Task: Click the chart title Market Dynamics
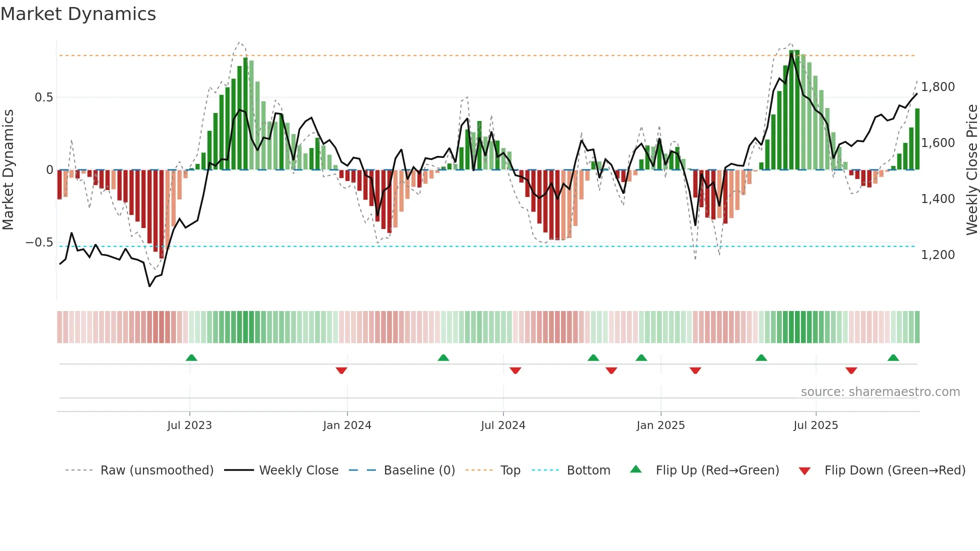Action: click(78, 14)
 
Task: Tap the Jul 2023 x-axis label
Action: click(189, 425)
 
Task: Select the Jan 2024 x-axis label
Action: click(347, 425)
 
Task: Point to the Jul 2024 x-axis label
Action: click(503, 425)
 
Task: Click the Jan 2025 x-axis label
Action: click(660, 425)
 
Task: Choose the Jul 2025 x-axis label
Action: click(815, 425)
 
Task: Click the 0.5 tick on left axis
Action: click(44, 97)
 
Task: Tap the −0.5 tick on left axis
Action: click(39, 242)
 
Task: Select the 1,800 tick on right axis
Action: click(938, 87)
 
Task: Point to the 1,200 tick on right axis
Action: click(938, 255)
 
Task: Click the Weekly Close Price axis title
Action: click(971, 170)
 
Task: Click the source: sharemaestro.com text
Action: click(880, 392)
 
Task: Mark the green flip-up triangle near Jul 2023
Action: click(191, 357)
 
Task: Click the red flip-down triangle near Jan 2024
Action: click(341, 370)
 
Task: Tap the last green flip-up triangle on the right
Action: click(893, 357)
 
